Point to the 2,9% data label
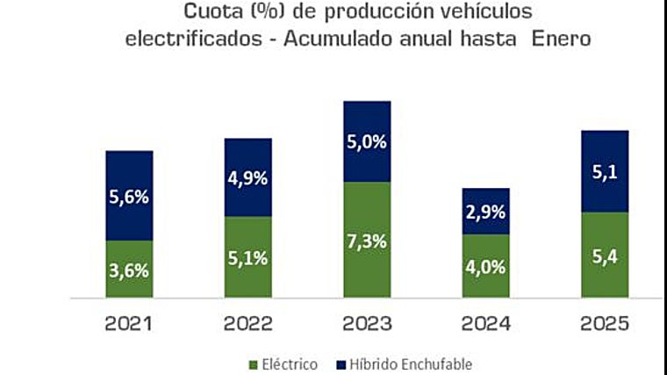tap(486, 213)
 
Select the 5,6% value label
tap(129, 198)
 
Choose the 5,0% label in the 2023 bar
tap(367, 141)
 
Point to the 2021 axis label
tap(129, 324)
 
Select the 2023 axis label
tap(367, 324)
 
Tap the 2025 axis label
tap(605, 324)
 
